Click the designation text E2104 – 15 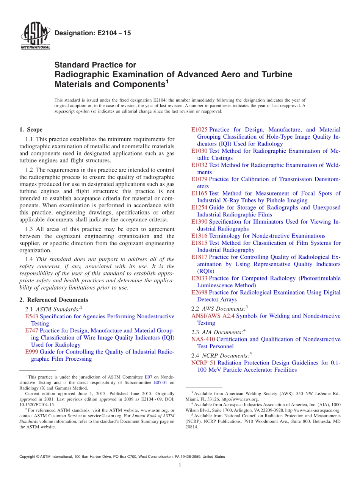[x=93, y=33]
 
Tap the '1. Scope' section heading [x=31, y=130]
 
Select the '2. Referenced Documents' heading [x=54, y=300]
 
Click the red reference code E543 [x=32, y=316]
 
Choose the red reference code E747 [x=32, y=330]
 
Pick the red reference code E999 [x=32, y=352]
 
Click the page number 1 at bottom [x=180, y=465]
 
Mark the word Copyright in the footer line [x=28, y=457]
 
